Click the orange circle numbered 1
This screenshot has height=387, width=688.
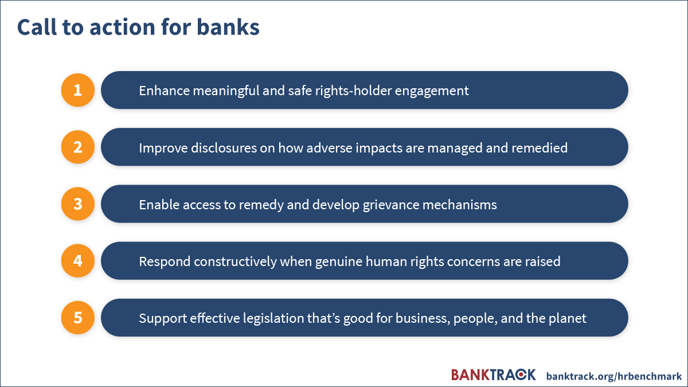(78, 90)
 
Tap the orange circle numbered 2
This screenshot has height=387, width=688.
(78, 147)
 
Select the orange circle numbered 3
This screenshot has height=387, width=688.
(78, 204)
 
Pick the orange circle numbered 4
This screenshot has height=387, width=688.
(78, 261)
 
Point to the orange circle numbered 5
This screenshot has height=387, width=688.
(78, 318)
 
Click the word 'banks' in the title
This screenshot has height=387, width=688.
(228, 27)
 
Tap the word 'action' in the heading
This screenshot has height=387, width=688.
(122, 27)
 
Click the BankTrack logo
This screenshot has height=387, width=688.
(494, 375)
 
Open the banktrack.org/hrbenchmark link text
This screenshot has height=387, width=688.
(614, 376)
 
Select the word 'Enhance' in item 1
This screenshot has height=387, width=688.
(165, 91)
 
